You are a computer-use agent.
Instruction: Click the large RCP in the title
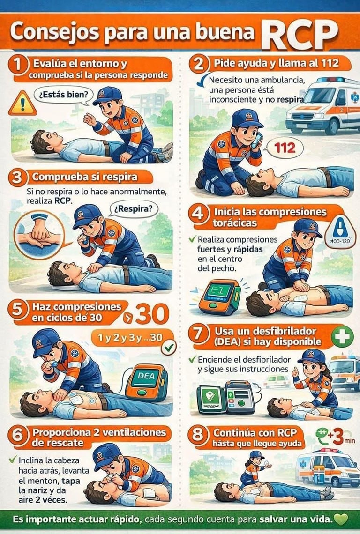pyautogui.click(x=300, y=33)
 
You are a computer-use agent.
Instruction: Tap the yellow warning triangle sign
pyautogui.click(x=22, y=104)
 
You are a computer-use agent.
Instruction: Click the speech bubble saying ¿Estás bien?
pyautogui.click(x=63, y=94)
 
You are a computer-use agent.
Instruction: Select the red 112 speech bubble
pyautogui.click(x=285, y=148)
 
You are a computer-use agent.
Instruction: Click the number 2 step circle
pyautogui.click(x=198, y=64)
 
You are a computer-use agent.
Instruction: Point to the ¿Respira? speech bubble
pyautogui.click(x=133, y=208)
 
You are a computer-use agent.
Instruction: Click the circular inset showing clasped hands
pyautogui.click(x=39, y=235)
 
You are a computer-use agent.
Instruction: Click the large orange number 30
pyautogui.click(x=152, y=314)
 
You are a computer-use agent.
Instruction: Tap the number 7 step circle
pyautogui.click(x=199, y=335)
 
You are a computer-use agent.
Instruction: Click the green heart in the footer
pyautogui.click(x=341, y=519)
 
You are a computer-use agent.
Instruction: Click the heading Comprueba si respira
pyautogui.click(x=84, y=177)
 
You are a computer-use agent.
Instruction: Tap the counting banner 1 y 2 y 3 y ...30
pyautogui.click(x=130, y=337)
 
